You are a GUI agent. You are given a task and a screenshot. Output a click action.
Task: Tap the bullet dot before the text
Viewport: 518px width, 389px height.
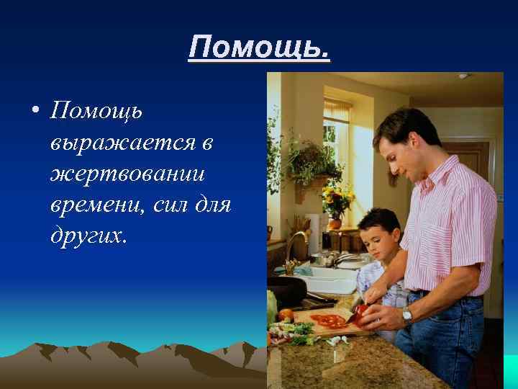point(34,112)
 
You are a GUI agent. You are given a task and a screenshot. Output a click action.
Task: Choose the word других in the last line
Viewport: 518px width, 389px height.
point(88,236)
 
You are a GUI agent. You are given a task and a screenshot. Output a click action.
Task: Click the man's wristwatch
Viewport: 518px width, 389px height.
point(407,315)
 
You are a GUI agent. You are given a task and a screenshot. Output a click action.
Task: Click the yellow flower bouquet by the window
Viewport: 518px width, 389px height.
point(337,197)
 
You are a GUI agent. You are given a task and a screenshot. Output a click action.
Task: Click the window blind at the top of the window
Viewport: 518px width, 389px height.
point(337,110)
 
